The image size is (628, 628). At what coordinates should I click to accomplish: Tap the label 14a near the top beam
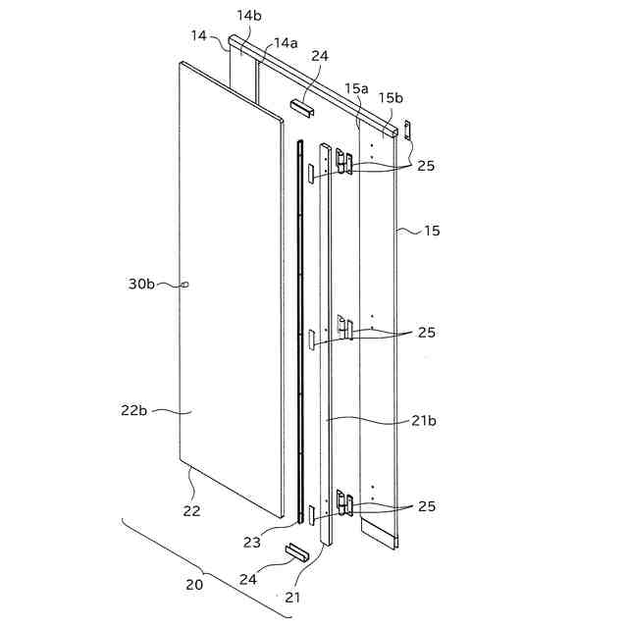coord(286,43)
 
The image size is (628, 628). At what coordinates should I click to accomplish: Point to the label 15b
coord(391,97)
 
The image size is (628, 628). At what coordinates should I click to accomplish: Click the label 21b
coord(425,421)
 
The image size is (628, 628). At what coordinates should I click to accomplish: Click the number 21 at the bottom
coord(293,596)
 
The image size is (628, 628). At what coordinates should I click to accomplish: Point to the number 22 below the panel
coord(190,510)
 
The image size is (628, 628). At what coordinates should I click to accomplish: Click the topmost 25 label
coord(426,166)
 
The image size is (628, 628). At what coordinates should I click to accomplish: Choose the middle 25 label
coord(426,333)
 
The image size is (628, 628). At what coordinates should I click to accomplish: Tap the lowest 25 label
coord(426,506)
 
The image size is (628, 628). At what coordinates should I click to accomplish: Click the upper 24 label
coord(319,56)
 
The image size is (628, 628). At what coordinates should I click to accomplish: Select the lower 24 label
coord(247,579)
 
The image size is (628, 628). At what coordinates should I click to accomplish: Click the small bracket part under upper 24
coord(301,103)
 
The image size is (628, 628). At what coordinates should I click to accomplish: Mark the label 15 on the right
coord(432,232)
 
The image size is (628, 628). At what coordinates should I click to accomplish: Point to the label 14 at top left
coord(199,35)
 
